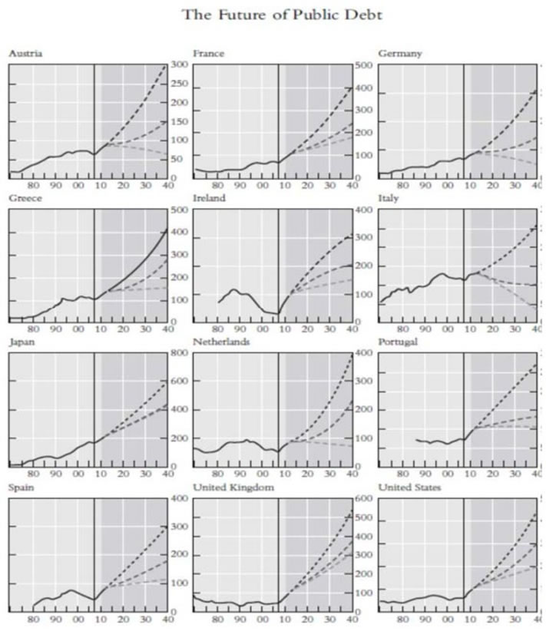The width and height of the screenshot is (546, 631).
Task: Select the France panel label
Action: click(208, 53)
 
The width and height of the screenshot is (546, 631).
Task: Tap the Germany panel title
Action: click(398, 53)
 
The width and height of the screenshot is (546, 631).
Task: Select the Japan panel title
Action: click(22, 342)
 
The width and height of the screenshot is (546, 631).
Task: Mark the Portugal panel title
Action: click(398, 342)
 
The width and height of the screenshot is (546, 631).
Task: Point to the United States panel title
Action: click(409, 487)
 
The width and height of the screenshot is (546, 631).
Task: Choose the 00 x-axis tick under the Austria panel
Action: click(78, 185)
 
